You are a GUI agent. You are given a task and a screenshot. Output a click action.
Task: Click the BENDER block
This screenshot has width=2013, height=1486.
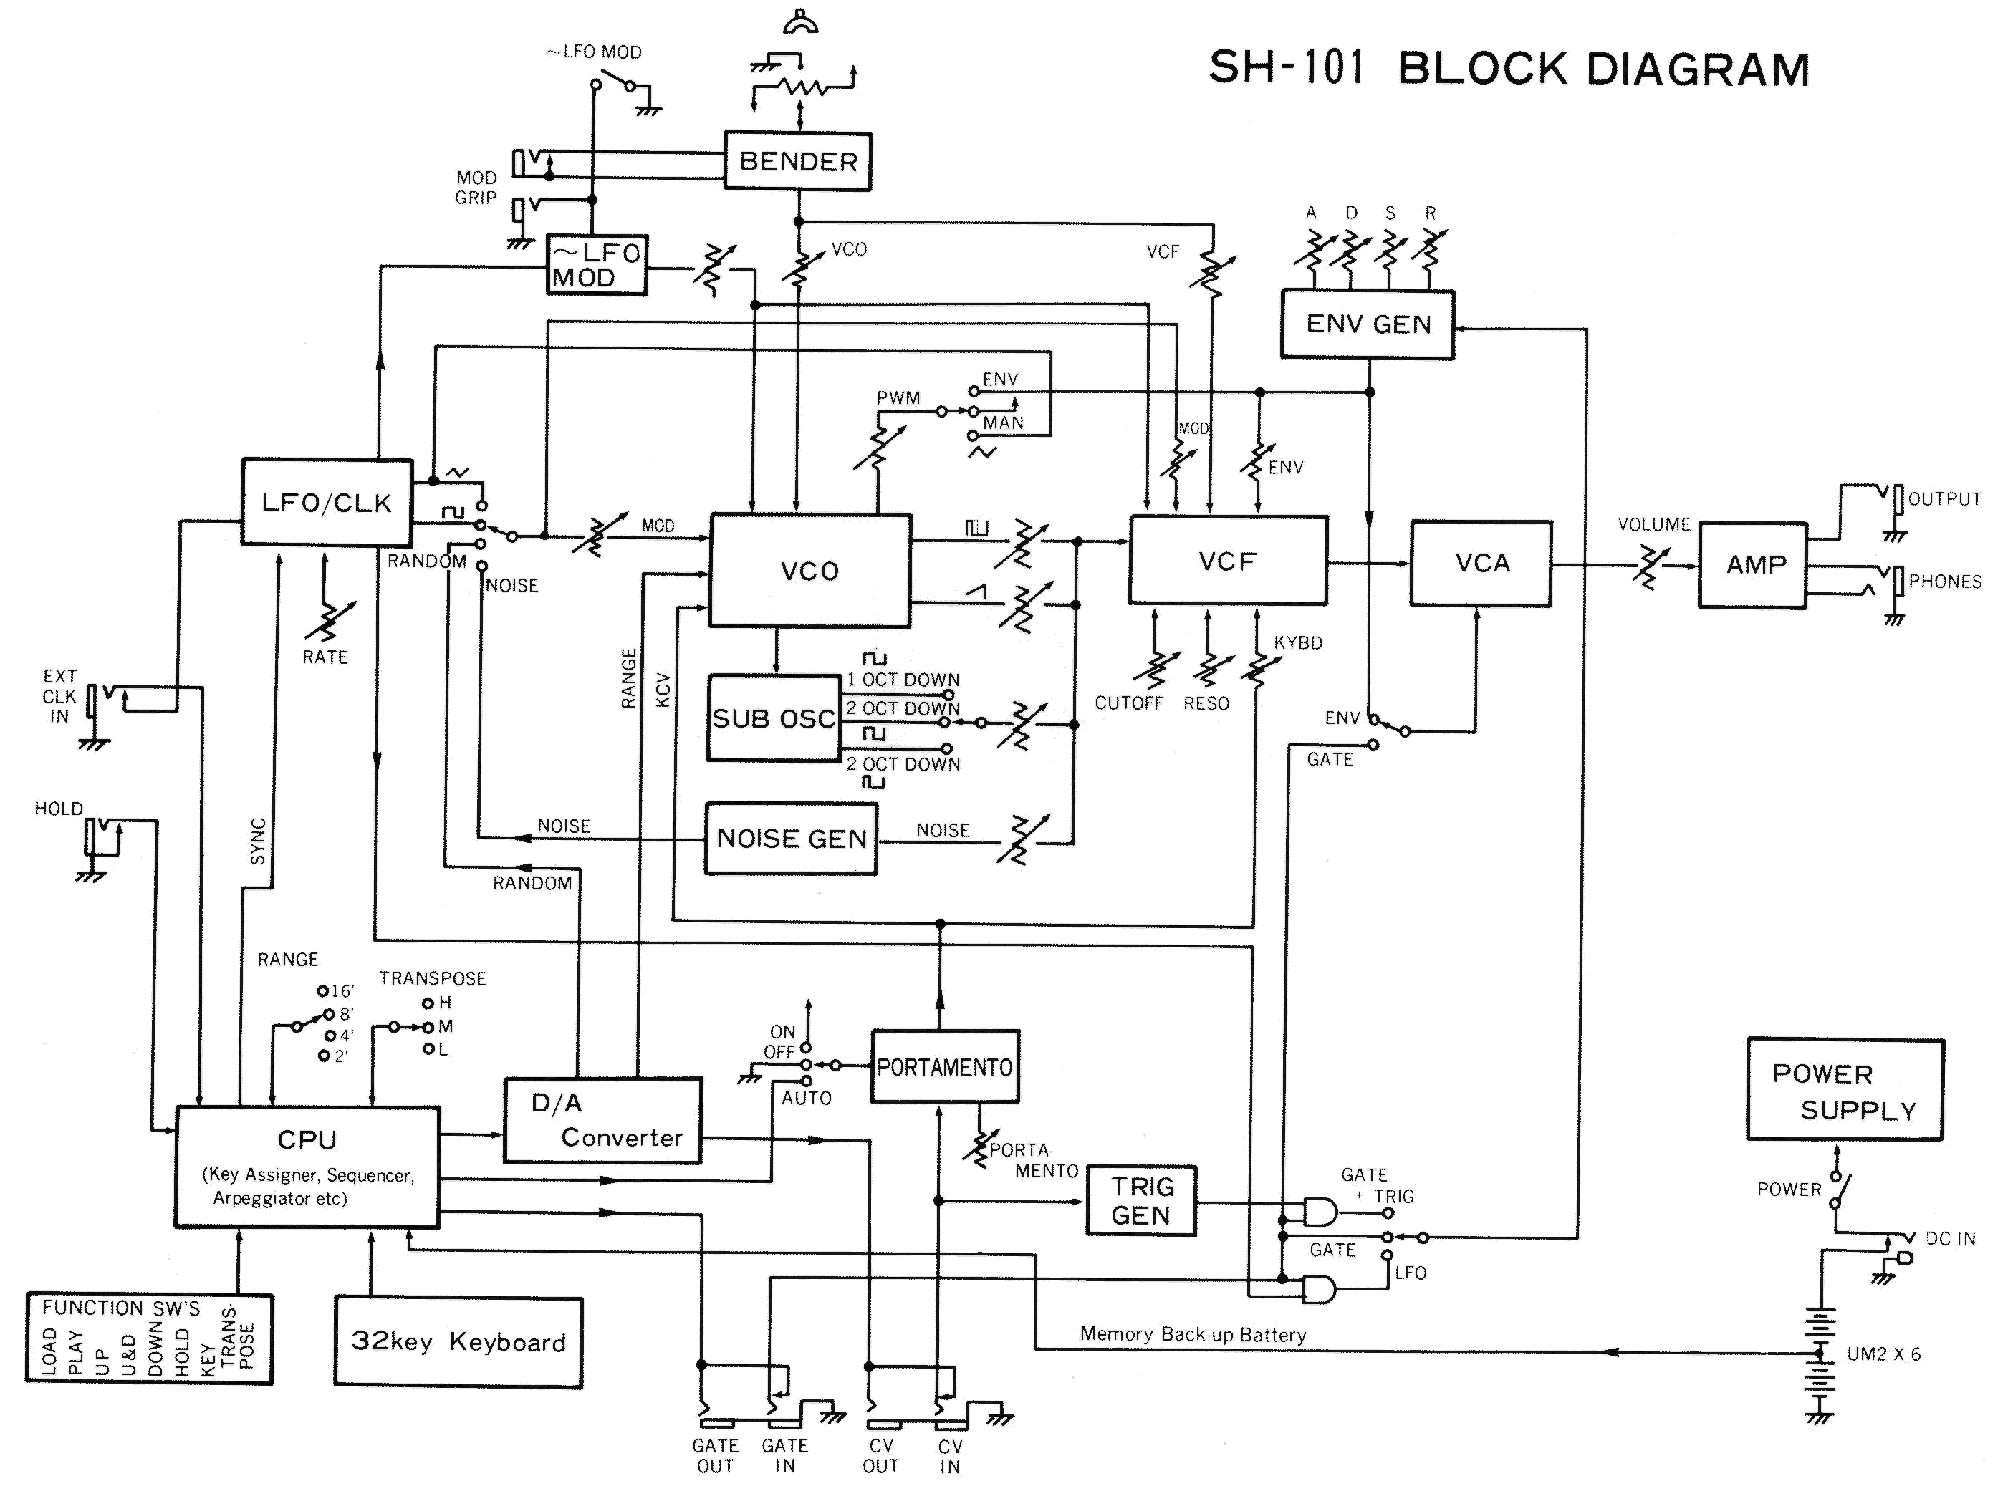coord(797,162)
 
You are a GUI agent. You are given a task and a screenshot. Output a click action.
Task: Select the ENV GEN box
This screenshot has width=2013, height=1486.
coord(1367,324)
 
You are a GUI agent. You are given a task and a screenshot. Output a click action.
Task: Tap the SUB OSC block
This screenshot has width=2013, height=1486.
coord(774,718)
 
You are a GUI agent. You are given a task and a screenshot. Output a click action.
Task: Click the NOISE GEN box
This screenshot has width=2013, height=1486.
coord(790,839)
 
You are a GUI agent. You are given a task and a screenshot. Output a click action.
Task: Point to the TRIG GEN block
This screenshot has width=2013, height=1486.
coord(1141,1201)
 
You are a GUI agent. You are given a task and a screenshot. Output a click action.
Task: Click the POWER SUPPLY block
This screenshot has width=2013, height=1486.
coord(1845,1090)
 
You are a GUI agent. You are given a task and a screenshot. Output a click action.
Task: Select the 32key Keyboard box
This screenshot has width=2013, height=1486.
coord(458,1341)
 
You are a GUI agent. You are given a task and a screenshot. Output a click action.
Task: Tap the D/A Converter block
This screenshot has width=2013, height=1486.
coord(602,1120)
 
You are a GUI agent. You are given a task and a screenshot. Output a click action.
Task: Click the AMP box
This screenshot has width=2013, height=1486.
coord(1754,565)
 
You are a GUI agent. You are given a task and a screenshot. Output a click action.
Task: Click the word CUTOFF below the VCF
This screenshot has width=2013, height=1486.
coord(1128,703)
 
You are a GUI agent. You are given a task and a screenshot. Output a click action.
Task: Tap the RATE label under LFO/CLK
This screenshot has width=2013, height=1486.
coord(325,657)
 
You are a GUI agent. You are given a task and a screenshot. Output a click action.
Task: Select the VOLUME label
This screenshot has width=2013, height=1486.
coord(1654,524)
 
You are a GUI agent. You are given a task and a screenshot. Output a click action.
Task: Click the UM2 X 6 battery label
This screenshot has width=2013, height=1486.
coord(1883,1354)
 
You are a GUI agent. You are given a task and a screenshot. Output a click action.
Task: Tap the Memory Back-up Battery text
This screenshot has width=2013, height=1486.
coord(1192,1335)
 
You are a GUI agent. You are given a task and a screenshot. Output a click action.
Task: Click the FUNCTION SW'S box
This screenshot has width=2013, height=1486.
coord(148,1338)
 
